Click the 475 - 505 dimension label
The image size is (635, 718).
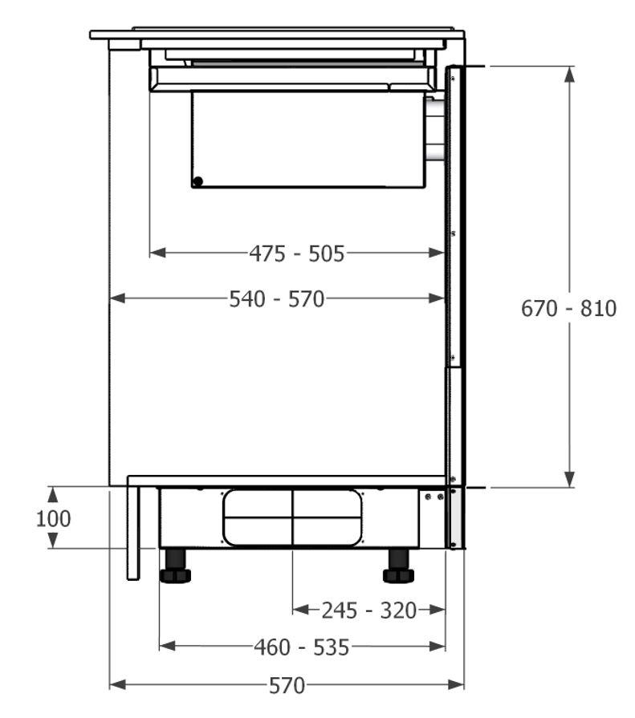(297, 254)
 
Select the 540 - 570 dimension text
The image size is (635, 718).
(277, 299)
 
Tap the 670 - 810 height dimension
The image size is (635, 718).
(568, 309)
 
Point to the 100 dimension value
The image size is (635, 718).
(53, 519)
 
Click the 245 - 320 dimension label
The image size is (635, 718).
(368, 611)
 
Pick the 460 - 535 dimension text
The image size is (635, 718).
(302, 647)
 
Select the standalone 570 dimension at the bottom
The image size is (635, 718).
(287, 685)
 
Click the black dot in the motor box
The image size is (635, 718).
(198, 182)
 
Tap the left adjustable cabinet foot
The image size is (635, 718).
(176, 566)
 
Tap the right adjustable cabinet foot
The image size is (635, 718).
(398, 566)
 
